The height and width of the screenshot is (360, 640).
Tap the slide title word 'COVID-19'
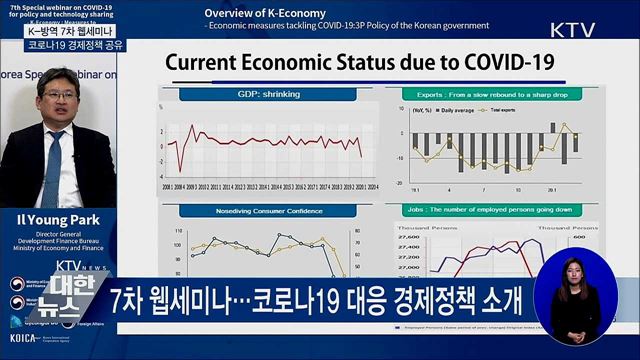coord(501,62)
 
